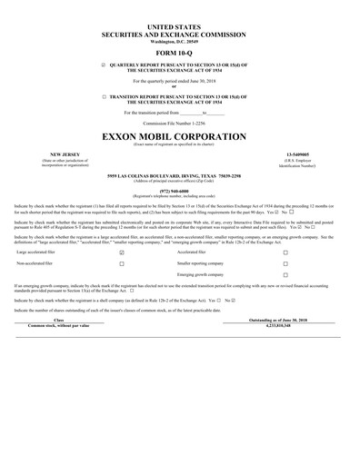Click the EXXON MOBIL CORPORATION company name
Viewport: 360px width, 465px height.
(180, 136)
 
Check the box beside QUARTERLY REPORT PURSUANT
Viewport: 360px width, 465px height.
(105, 66)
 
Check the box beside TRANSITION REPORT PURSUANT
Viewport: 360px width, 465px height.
(105, 94)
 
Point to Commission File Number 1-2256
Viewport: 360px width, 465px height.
(180, 122)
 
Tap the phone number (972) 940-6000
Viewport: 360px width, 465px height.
(180, 192)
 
